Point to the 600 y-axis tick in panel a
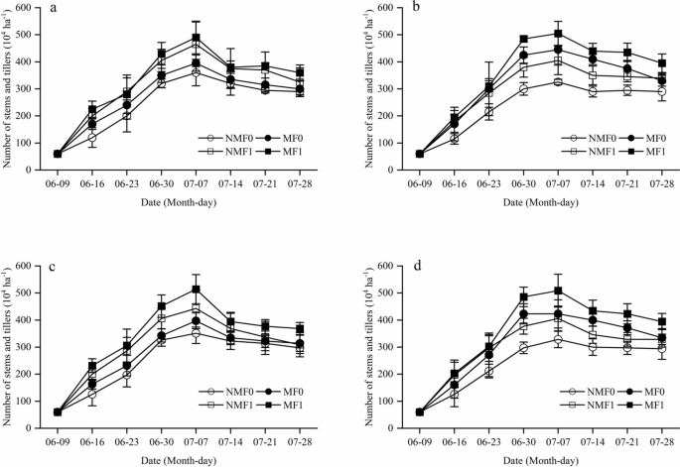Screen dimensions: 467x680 (33, 8)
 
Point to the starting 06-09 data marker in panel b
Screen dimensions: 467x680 (392, 154)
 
